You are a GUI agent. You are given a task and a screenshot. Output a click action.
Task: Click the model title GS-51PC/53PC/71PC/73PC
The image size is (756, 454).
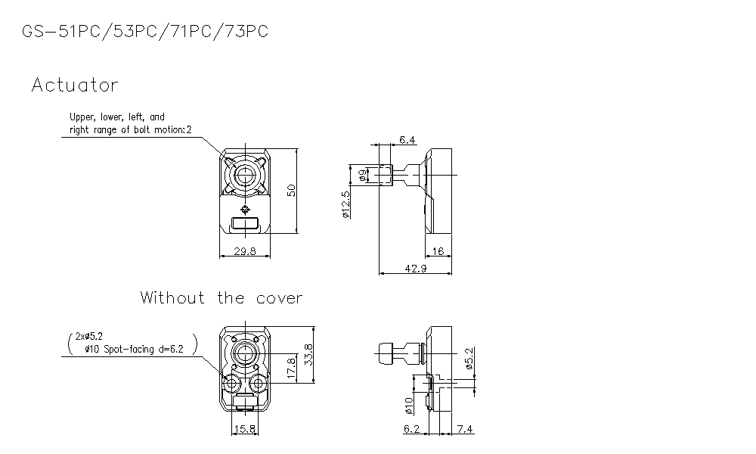[x=144, y=32]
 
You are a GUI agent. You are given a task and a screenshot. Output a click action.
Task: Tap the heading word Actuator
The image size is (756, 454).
[x=75, y=86]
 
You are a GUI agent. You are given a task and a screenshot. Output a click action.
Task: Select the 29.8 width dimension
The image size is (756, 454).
[x=244, y=250]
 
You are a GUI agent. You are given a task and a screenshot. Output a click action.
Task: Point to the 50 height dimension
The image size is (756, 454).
[x=291, y=189]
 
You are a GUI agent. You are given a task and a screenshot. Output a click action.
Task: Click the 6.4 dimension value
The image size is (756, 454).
[x=407, y=140]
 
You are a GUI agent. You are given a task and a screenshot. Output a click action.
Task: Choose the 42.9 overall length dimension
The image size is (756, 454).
[x=416, y=269]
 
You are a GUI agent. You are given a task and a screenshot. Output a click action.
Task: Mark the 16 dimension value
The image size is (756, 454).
[x=438, y=250]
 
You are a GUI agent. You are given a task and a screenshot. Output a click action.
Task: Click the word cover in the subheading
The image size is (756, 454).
[x=277, y=298]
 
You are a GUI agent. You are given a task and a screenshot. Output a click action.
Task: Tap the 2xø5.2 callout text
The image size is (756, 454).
[x=90, y=335]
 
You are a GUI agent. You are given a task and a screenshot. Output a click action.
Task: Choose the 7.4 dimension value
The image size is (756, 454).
[x=465, y=430]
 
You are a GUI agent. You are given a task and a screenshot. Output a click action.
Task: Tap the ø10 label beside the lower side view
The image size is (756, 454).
[x=409, y=406]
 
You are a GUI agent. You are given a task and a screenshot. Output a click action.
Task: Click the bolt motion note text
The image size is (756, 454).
[x=131, y=130]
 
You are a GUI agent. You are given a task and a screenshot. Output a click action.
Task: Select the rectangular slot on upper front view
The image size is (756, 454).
[x=244, y=223]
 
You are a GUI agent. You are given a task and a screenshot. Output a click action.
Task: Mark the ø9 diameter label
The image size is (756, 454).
[x=364, y=175]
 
